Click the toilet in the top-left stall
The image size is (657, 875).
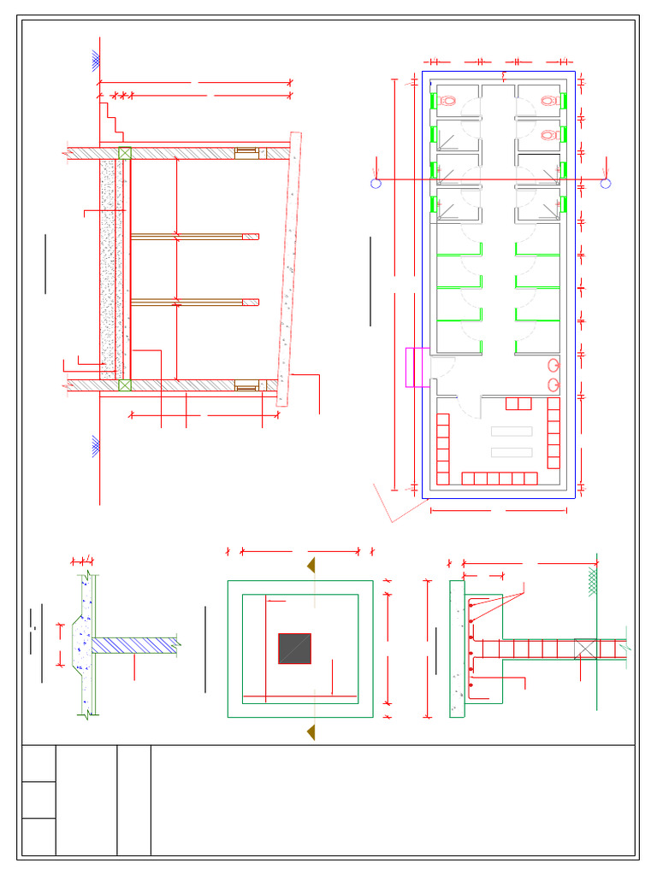[x=447, y=101]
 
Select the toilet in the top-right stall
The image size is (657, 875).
[x=549, y=101]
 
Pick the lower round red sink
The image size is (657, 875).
[x=553, y=385]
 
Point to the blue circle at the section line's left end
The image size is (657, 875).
[x=376, y=183]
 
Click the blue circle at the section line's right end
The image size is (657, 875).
[x=606, y=183]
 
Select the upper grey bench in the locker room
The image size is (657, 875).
[x=512, y=432]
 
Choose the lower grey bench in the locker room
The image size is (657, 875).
[x=512, y=452]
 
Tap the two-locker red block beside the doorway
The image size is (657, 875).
[x=518, y=403]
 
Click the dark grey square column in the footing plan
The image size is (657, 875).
[x=294, y=649]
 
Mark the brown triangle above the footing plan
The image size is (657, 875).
[x=311, y=566]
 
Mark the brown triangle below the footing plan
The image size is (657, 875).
[x=311, y=732]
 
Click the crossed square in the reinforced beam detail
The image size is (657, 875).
[x=585, y=649]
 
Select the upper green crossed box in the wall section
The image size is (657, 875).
[x=125, y=153]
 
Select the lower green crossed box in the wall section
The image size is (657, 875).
[x=125, y=385]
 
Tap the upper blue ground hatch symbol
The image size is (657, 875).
[x=97, y=61]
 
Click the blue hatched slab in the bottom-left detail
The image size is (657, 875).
[x=133, y=645]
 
